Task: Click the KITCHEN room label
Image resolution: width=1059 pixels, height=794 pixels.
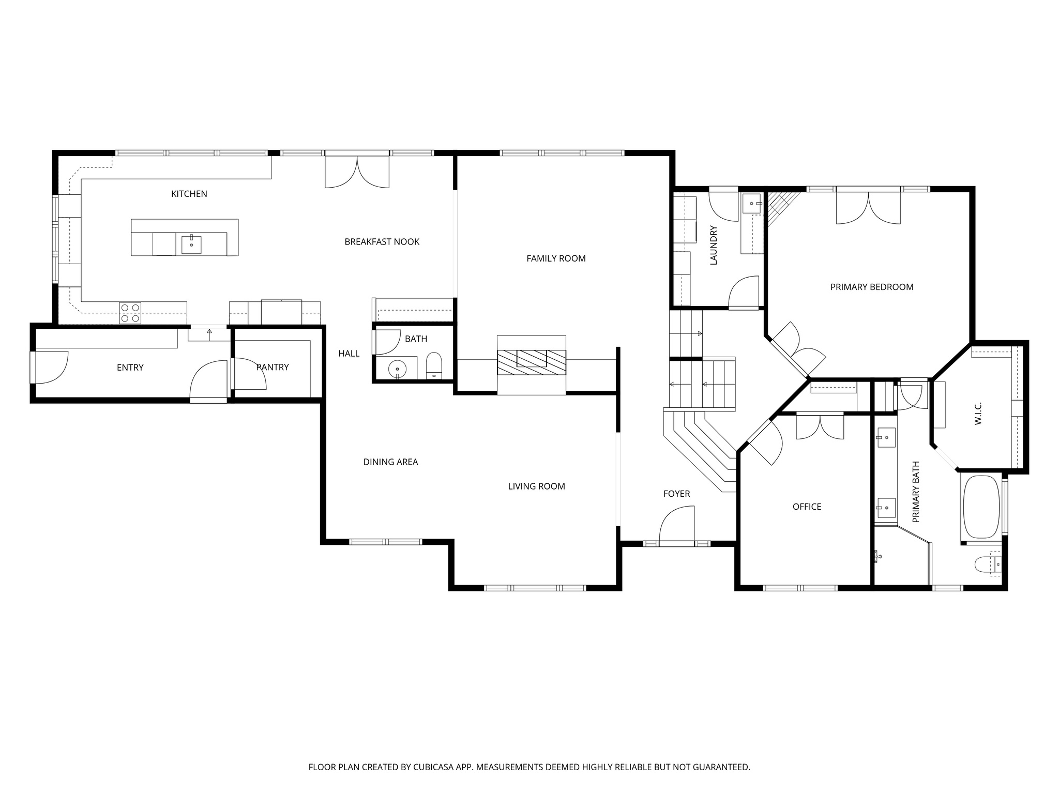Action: click(189, 194)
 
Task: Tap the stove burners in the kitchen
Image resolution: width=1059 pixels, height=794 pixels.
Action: click(130, 313)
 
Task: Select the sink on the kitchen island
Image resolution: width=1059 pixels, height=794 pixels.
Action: click(191, 244)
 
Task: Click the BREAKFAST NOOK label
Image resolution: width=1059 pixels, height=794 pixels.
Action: click(382, 241)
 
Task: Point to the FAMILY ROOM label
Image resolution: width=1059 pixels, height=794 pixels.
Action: click(556, 258)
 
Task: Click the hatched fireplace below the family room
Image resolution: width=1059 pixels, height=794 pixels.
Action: click(532, 362)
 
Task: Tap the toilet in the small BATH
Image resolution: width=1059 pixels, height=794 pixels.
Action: click(434, 366)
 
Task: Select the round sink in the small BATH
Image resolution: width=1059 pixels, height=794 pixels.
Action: click(397, 369)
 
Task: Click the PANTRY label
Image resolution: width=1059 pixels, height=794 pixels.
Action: click(273, 367)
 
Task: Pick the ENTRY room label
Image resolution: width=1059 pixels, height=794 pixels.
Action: click(130, 368)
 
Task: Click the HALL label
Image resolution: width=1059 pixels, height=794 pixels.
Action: click(349, 354)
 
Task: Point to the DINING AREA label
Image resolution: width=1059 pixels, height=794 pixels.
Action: click(390, 462)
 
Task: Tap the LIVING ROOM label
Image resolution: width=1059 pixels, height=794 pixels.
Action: click(536, 486)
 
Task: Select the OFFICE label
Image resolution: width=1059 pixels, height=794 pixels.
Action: click(807, 507)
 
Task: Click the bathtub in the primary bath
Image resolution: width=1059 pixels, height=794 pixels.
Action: click(981, 507)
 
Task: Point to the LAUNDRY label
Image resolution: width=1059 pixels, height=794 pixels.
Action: click(714, 245)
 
